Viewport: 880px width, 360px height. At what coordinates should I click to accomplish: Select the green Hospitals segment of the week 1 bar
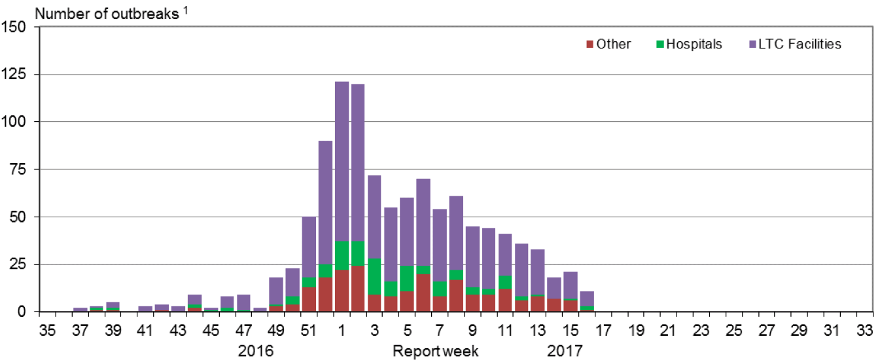click(x=342, y=255)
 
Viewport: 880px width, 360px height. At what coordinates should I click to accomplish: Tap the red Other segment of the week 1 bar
click(x=342, y=291)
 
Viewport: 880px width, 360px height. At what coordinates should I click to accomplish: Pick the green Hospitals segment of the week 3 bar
click(x=374, y=276)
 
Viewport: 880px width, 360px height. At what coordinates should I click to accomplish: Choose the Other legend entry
click(x=608, y=45)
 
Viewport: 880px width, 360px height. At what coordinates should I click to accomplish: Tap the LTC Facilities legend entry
click(x=795, y=45)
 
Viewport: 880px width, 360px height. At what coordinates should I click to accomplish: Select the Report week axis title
click(x=435, y=351)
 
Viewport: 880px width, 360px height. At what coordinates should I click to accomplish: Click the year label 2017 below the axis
click(x=565, y=351)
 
